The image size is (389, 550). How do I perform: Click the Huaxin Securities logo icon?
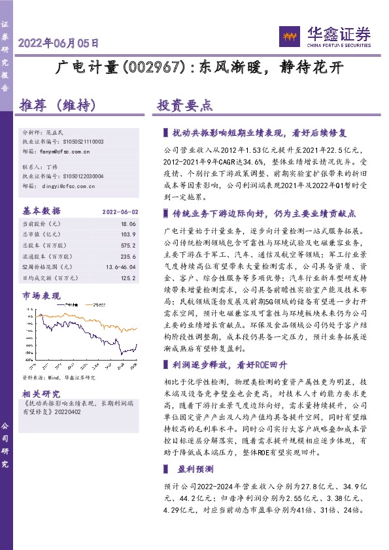pos(289,35)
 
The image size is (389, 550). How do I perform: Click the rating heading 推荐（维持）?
pos(58,105)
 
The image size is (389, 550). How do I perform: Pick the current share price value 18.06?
pos(128,223)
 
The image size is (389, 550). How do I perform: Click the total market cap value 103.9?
pos(128,233)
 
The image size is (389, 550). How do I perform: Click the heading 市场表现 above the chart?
pos(41,296)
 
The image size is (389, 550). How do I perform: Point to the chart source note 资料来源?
pos(59,378)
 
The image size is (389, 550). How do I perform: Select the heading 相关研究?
pos(41,393)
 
